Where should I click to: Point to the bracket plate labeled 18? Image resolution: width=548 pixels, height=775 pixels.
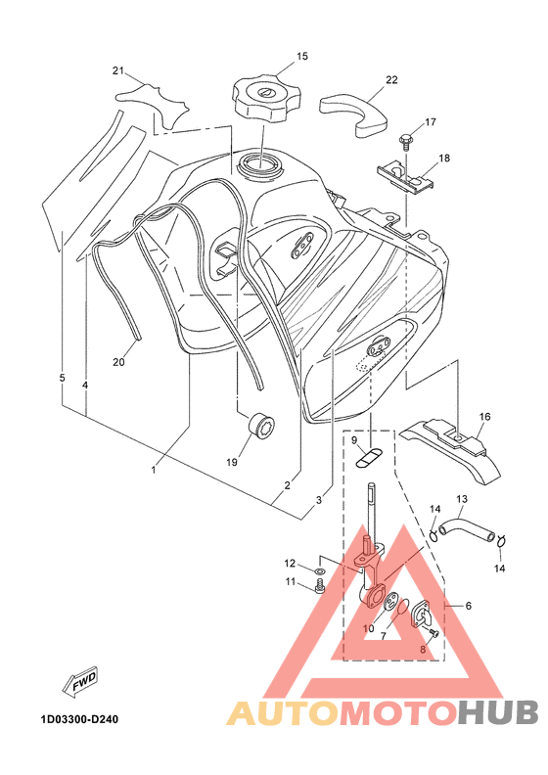click(x=405, y=175)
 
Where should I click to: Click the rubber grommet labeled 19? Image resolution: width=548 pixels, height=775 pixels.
click(x=261, y=427)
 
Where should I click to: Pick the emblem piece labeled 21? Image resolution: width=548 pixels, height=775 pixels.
click(x=154, y=103)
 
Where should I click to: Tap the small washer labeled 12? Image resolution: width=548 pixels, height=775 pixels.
click(x=319, y=571)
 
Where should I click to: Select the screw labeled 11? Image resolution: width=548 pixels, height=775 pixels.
click(x=320, y=587)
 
